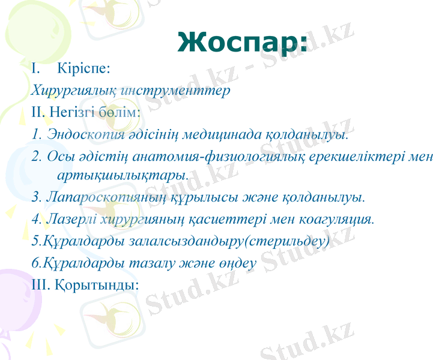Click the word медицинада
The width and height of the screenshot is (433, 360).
coord(223,134)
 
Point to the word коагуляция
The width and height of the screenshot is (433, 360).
coord(339,220)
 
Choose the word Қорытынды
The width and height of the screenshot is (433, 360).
coord(96,284)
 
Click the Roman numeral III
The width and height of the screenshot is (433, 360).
coord(40,284)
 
